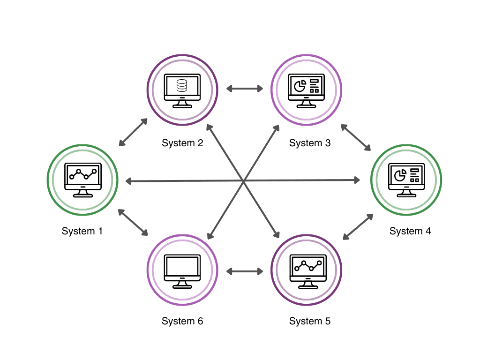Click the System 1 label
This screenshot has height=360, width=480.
(x=82, y=231)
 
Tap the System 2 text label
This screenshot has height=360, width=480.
(x=182, y=143)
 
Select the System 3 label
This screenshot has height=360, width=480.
(x=310, y=143)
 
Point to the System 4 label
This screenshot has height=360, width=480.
(x=410, y=231)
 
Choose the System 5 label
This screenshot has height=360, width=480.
(x=310, y=321)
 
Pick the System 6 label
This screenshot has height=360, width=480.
(x=182, y=321)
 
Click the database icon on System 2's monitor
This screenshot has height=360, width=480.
(x=182, y=86)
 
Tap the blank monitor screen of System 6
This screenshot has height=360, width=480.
(x=182, y=266)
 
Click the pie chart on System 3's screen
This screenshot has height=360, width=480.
(x=300, y=85)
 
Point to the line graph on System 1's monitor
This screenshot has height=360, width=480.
(x=83, y=174)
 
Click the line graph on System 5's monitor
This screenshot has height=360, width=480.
(x=307, y=266)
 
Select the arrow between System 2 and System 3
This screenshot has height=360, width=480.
(x=246, y=88)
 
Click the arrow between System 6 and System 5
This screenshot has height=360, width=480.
(x=246, y=271)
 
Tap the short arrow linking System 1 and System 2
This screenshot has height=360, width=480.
(x=133, y=132)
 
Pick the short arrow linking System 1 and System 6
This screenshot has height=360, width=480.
(x=133, y=223)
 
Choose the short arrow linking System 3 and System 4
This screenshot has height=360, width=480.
(x=356, y=137)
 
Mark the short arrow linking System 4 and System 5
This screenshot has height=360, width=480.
(x=358, y=227)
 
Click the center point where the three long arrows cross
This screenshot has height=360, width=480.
(x=244, y=180)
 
